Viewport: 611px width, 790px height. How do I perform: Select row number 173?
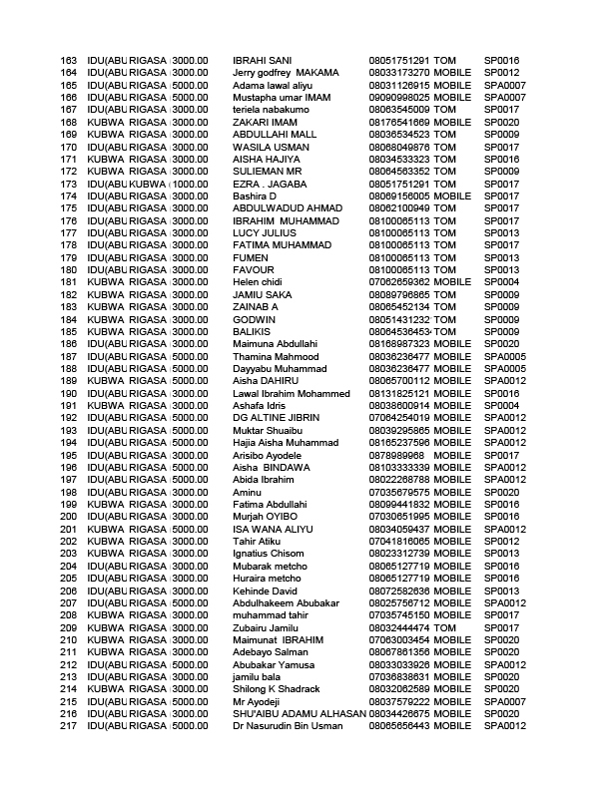(x=69, y=184)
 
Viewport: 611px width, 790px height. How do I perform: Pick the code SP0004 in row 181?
(x=501, y=282)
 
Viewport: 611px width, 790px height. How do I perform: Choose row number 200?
(x=69, y=517)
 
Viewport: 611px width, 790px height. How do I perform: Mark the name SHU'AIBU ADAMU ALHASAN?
(x=299, y=713)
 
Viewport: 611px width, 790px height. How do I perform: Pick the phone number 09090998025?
(x=399, y=98)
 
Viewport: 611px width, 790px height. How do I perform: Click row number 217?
(x=69, y=726)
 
